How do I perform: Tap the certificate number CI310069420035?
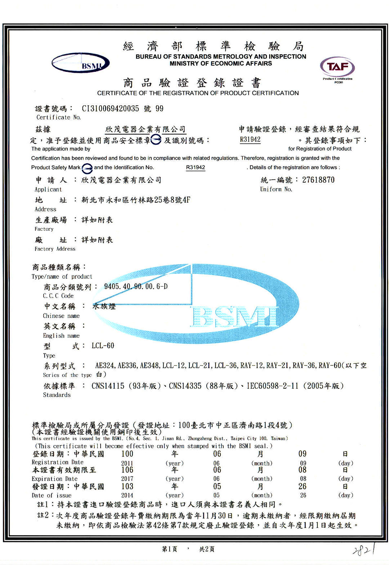(x=110, y=109)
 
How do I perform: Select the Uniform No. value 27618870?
(x=318, y=180)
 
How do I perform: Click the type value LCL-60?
(x=103, y=345)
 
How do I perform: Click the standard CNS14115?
(x=108, y=386)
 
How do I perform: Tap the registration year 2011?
(x=127, y=463)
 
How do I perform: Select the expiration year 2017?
(x=127, y=479)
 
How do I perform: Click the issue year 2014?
(x=127, y=495)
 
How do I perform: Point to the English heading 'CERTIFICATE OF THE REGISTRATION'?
(x=198, y=93)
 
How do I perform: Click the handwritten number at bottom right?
(x=364, y=550)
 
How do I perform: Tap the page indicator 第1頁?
(x=170, y=549)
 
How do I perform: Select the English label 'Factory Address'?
(x=55, y=249)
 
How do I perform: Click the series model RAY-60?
(x=330, y=365)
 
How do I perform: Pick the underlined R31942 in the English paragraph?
(x=195, y=167)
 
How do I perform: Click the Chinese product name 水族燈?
(x=104, y=306)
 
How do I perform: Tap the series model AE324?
(x=105, y=365)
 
